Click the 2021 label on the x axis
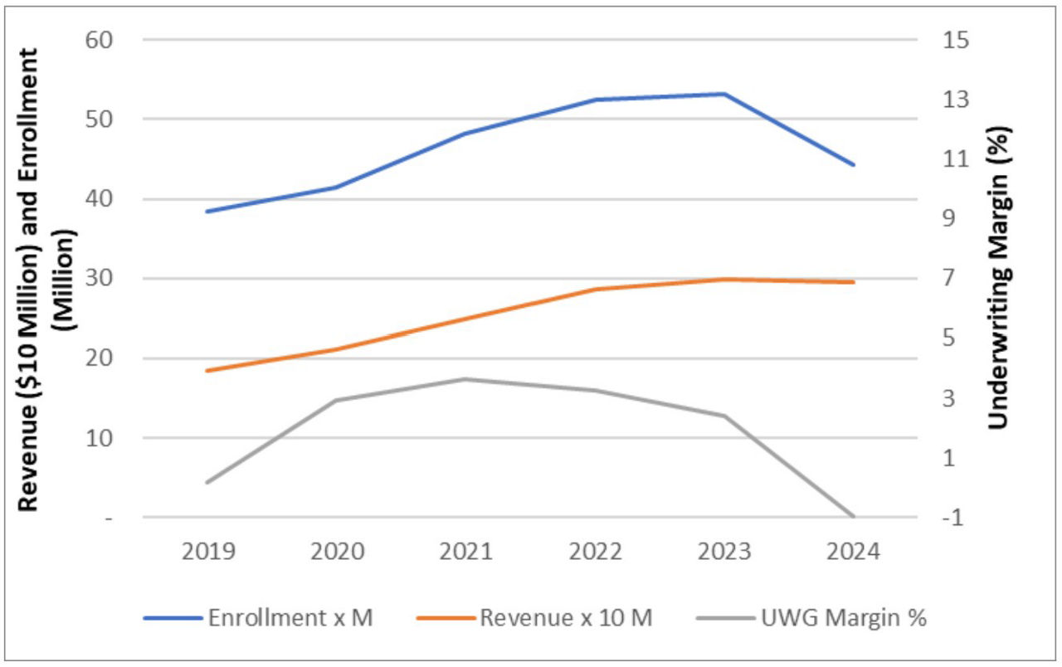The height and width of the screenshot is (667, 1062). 465,552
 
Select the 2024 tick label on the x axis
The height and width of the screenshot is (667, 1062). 853,552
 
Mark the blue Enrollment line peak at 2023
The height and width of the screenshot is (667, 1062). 723,94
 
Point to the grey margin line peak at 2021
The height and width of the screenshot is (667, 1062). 465,379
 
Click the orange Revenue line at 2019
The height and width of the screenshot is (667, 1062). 206,371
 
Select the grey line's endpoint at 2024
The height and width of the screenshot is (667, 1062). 853,517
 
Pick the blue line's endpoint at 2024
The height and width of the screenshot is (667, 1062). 853,164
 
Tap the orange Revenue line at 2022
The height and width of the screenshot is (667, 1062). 594,290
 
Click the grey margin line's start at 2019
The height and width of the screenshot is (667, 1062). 206,482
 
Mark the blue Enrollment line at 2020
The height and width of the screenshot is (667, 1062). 335,187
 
